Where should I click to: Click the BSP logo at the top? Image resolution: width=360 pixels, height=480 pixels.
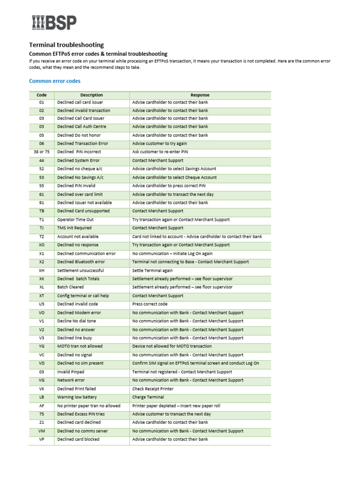tap(54, 22)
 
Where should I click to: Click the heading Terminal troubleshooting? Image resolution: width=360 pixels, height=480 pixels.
tap(67, 45)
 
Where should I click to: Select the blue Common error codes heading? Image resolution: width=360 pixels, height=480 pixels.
tap(55, 81)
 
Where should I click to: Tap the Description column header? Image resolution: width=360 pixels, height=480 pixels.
tap(91, 95)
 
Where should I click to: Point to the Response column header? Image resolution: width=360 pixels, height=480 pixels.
tap(200, 95)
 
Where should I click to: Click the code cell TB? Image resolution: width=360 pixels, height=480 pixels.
tap(42, 211)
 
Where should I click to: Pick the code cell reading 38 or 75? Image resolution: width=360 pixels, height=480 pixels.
tap(42, 152)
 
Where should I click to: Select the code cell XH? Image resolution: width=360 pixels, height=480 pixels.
tap(42, 270)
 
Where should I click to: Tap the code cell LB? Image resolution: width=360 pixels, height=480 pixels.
tap(42, 397)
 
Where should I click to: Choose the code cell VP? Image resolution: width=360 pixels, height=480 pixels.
tap(42, 439)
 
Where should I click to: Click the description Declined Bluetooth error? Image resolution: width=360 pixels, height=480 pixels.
tap(81, 262)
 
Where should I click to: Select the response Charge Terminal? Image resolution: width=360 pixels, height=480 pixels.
tap(148, 397)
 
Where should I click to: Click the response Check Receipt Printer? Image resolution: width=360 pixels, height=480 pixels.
tap(153, 389)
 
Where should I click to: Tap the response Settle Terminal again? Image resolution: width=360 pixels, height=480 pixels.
tap(152, 270)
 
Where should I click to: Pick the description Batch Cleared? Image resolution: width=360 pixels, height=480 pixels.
tap(71, 287)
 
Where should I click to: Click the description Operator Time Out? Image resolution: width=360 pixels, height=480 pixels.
tap(75, 219)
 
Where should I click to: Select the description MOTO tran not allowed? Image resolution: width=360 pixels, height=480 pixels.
tap(80, 346)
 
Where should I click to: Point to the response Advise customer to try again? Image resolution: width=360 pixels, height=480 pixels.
tap(159, 143)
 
